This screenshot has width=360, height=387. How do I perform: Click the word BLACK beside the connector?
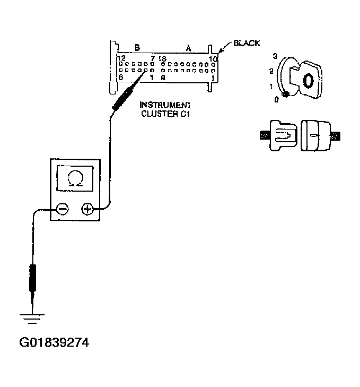pos(247,43)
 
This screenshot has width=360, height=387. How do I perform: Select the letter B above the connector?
pos(137,48)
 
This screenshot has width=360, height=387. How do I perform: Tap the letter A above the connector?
pos(188,48)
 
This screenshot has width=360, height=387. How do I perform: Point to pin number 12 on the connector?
pos(121,58)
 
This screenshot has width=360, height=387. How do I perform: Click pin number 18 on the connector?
pos(162,58)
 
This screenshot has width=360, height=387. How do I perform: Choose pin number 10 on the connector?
pos(213,58)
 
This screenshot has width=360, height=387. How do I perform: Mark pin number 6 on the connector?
pos(121,78)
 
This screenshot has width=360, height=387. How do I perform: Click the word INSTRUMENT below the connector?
pos(164,105)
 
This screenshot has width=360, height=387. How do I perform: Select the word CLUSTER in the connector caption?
pos(158,113)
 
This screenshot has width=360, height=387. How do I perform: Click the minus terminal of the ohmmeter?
pos(62,209)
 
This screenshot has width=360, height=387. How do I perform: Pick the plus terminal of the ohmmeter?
pos(87,209)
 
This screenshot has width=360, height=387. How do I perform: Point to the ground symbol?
pos(32,318)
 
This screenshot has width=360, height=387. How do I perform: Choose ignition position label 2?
pos(271,71)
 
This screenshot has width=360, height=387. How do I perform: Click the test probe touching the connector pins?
pos(125,95)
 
